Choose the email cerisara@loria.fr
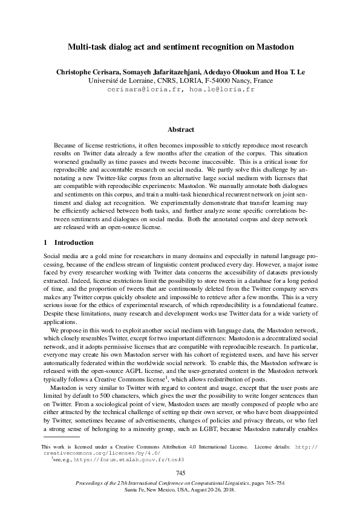click(145, 88)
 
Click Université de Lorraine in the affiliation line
click(117, 80)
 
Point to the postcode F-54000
click(209, 80)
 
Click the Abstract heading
click(180, 129)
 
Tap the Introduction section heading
click(72, 242)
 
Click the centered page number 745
click(180, 472)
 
